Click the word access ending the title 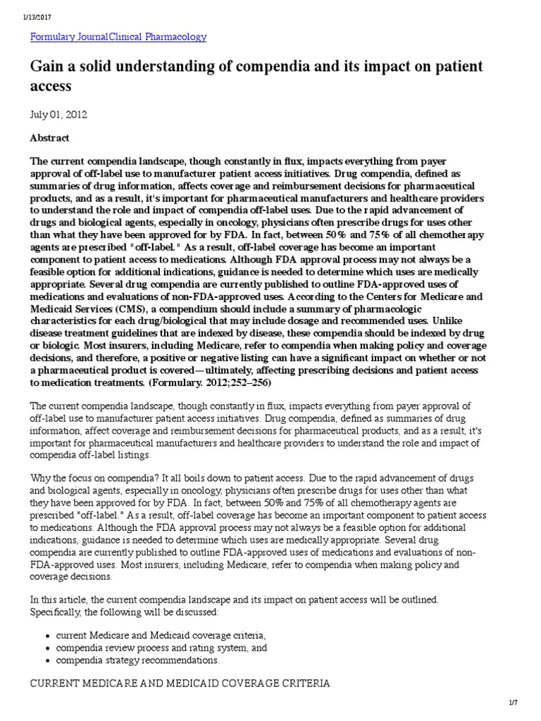[x=51, y=86]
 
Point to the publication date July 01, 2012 [x=58, y=113]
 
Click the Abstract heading [x=49, y=138]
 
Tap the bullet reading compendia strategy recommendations [x=137, y=660]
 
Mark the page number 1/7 [x=513, y=703]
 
